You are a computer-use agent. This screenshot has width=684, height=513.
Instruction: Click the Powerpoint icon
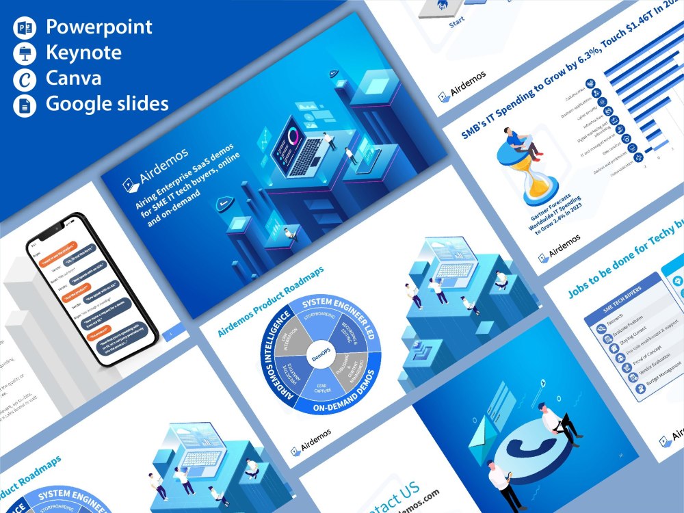click(x=23, y=28)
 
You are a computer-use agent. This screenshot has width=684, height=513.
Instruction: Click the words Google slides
click(x=107, y=104)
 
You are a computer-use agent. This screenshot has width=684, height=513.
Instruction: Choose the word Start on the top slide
click(x=456, y=23)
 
